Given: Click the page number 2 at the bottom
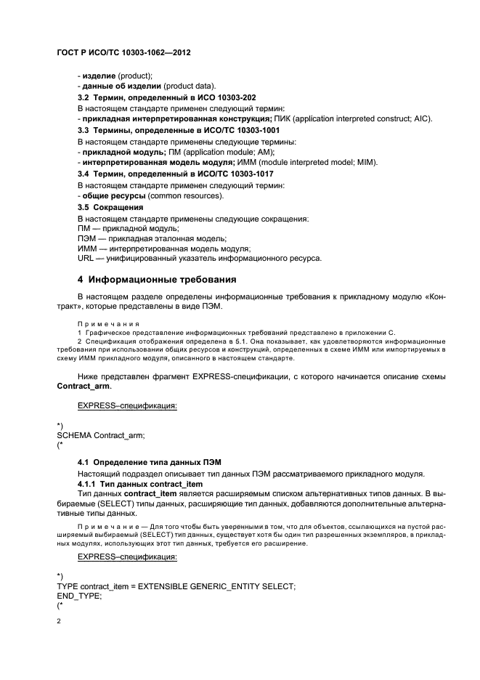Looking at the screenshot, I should pyautogui.click(x=59, y=621).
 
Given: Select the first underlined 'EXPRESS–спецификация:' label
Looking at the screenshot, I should pyautogui.click(x=127, y=405).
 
